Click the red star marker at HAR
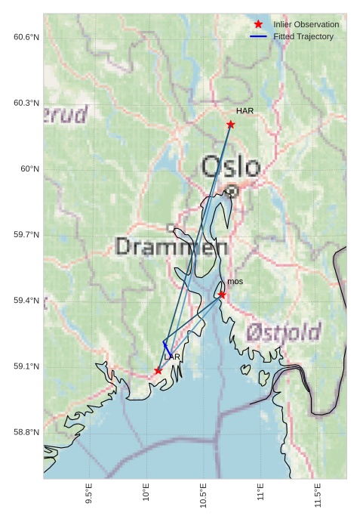click(x=230, y=124)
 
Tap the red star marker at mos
click(x=222, y=295)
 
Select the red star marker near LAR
click(x=158, y=371)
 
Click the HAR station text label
click(x=245, y=111)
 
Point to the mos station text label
click(x=235, y=282)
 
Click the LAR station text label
click(x=172, y=357)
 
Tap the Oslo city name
click(x=230, y=167)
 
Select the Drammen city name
click(x=172, y=247)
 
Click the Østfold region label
click(x=284, y=332)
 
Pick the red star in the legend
click(x=258, y=24)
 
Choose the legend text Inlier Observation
click(x=306, y=24)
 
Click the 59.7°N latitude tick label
click(x=26, y=235)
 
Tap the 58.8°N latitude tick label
click(x=26, y=433)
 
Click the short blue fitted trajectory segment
click(x=166, y=346)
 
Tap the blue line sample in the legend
click(x=258, y=36)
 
